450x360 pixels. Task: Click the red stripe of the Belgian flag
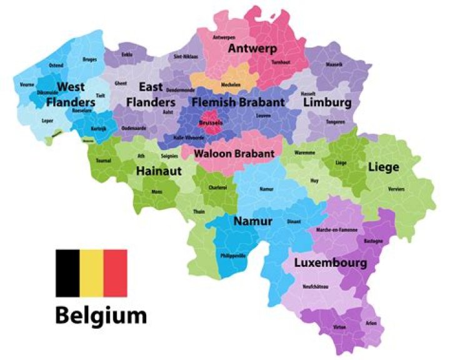115,273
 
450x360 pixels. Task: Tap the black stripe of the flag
67,273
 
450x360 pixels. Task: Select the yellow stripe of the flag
91,273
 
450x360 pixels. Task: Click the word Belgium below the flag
101,315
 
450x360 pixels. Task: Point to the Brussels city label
210,123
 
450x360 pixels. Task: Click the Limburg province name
327,102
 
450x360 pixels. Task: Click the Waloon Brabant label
234,153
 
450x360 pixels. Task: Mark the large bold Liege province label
383,167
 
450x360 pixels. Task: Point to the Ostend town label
56,65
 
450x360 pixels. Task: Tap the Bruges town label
89,60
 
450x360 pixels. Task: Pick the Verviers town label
396,189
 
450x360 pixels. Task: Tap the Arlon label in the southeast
371,323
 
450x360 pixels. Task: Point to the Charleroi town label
217,187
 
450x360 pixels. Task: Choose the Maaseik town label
334,65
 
